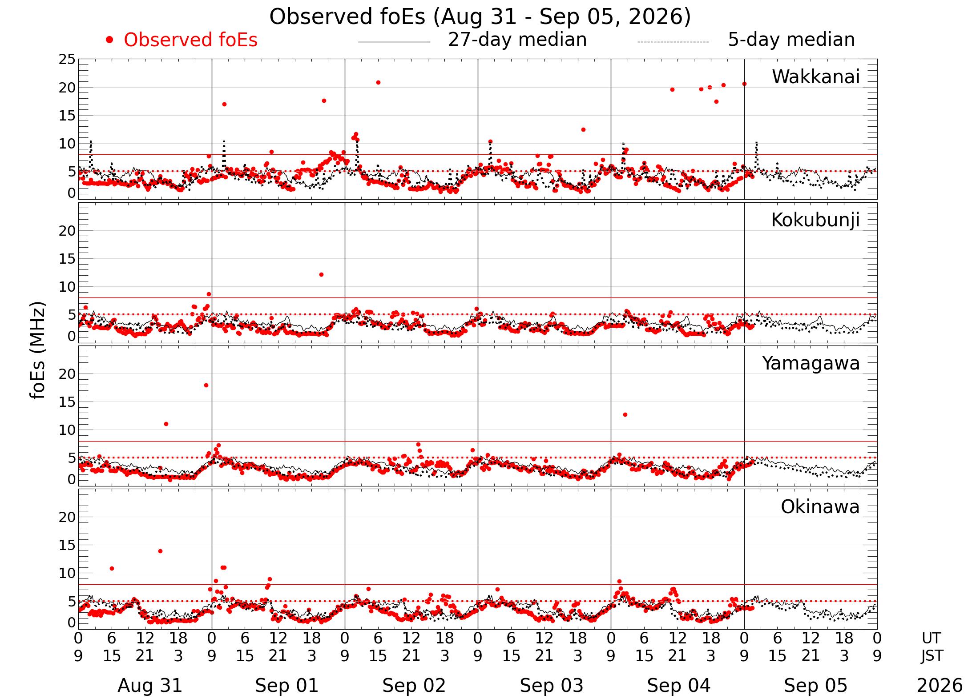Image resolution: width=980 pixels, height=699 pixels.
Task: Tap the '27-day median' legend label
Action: tap(517, 40)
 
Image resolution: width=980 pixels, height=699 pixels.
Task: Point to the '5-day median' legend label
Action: tap(791, 40)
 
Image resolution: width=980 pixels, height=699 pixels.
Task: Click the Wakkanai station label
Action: tap(816, 76)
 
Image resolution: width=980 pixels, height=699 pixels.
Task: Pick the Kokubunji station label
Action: tap(815, 220)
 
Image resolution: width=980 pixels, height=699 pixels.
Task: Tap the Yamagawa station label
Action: tap(811, 364)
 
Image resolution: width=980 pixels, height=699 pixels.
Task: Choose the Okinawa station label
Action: tap(820, 507)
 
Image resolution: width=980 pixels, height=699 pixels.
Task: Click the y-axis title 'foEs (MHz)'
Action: tap(38, 351)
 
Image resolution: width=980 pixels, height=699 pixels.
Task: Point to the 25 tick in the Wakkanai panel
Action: tap(67, 59)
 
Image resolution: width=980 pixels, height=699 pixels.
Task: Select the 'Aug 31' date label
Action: tap(150, 686)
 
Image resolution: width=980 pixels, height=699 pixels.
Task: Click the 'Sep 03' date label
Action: tap(551, 686)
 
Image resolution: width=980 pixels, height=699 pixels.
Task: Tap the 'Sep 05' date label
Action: tap(815, 686)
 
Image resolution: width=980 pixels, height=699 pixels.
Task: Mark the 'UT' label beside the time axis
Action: tap(931, 639)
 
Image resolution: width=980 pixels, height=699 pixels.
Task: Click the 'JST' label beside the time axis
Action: tap(932, 656)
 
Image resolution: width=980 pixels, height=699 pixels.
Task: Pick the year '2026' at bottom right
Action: tap(940, 686)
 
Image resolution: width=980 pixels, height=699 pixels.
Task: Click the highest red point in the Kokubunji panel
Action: tap(321, 275)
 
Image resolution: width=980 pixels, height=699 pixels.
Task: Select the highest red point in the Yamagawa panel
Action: tap(206, 386)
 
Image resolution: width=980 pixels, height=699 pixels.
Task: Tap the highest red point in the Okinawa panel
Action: tap(160, 551)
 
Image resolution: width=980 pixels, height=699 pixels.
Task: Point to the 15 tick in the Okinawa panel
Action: tap(67, 545)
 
